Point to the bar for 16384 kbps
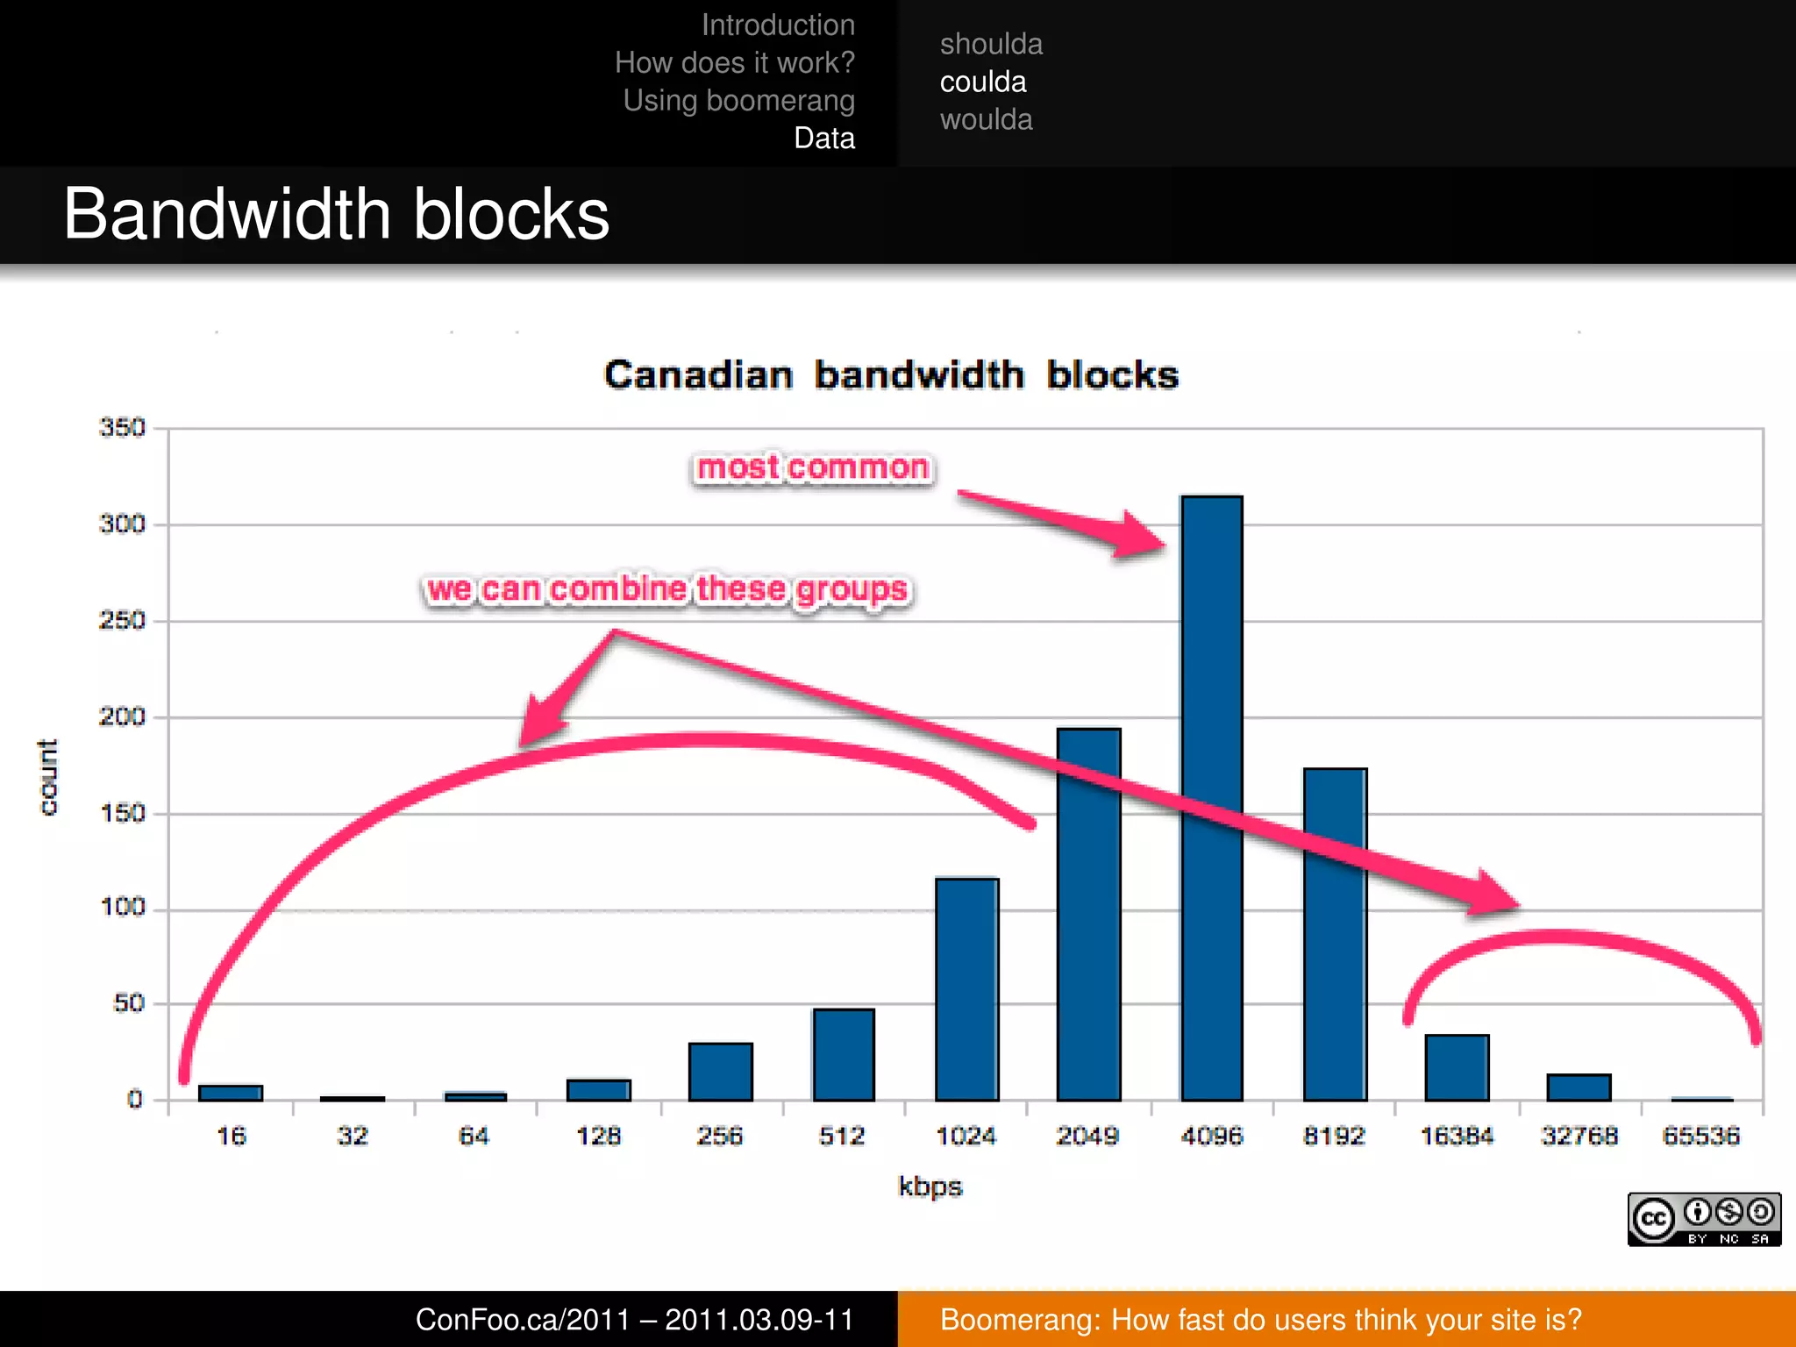point(1457,1067)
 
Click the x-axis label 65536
point(1700,1137)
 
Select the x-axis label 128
point(598,1137)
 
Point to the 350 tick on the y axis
point(122,428)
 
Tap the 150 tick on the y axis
point(122,813)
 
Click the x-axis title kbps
point(930,1187)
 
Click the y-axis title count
point(48,777)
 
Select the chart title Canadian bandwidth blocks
point(891,375)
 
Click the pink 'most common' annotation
point(813,467)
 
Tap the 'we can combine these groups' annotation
point(667,589)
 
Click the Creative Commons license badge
point(1704,1219)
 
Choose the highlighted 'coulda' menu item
point(983,82)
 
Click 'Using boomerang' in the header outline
point(738,101)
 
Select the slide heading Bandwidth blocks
point(336,214)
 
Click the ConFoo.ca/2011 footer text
point(634,1319)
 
